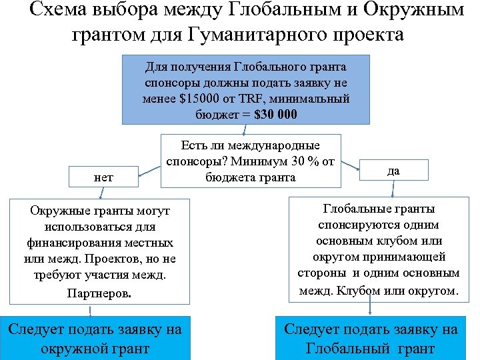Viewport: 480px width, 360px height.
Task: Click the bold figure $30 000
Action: (270, 114)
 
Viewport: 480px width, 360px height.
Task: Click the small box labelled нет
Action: (103, 177)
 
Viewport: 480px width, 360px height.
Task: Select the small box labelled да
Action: (393, 171)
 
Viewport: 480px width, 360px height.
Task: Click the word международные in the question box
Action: (283, 145)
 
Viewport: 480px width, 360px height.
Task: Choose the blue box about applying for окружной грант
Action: (95, 339)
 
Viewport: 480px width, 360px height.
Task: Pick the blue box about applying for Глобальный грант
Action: (371, 339)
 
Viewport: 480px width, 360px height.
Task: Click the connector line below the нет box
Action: (101, 193)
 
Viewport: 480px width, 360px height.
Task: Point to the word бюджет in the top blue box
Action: (220, 114)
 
